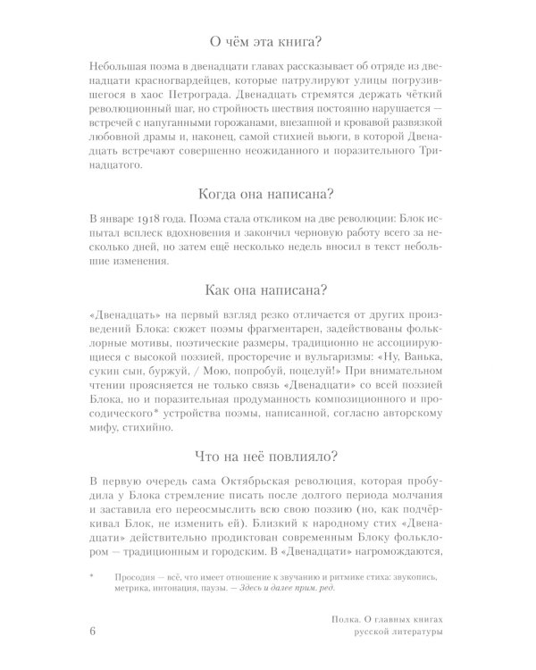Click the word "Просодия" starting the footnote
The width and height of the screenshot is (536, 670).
pyautogui.click(x=142, y=578)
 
